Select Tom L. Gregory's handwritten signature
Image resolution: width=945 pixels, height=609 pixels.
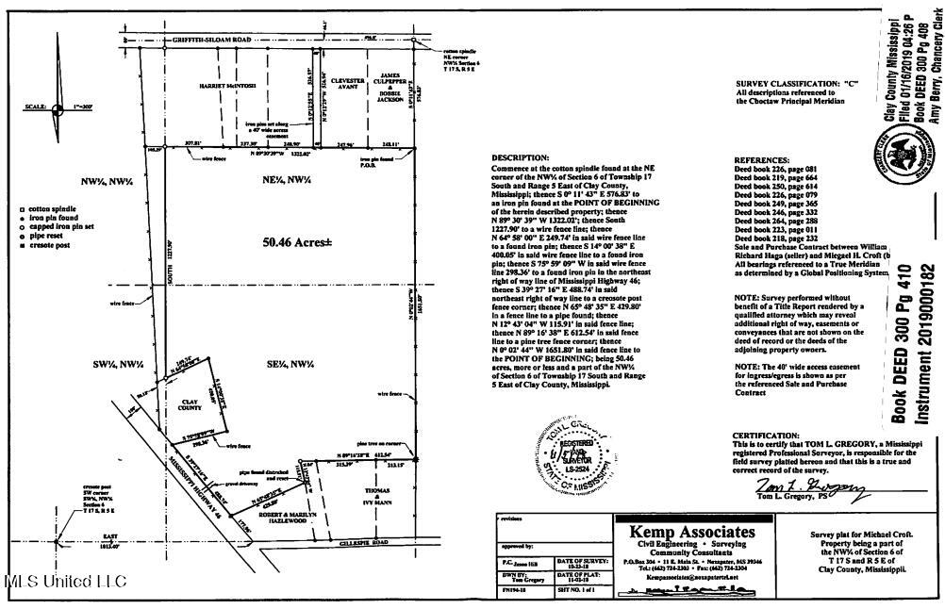point(809,489)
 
